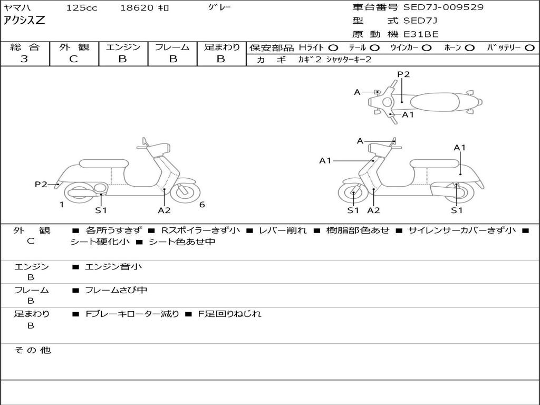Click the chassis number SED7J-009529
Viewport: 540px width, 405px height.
coord(443,7)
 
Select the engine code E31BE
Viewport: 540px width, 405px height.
coord(421,34)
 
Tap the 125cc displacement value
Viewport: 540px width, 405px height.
coord(81,8)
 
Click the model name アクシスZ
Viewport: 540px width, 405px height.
coord(25,21)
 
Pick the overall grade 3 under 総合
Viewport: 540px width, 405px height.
coord(24,59)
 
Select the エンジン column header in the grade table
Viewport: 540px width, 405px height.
coord(123,47)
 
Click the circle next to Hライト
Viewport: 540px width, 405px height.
coord(333,47)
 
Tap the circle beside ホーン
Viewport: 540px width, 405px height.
coord(469,47)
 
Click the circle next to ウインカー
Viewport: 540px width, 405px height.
coord(427,47)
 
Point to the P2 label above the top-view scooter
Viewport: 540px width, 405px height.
coord(403,74)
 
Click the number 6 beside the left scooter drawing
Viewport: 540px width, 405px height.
coord(202,205)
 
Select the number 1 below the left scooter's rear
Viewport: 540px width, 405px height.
coord(62,205)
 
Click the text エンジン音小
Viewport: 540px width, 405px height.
coord(113,267)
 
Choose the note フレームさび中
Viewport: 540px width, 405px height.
coord(116,290)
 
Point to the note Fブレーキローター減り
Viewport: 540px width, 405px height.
coord(132,314)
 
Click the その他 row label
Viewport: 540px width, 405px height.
coord(32,350)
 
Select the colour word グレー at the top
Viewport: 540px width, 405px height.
coord(219,7)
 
